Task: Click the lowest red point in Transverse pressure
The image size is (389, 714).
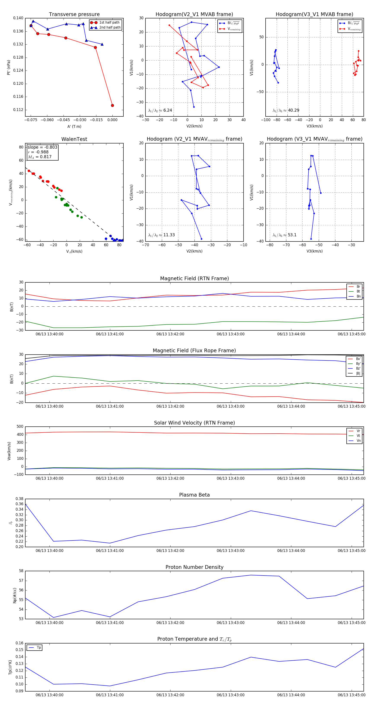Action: [112, 105]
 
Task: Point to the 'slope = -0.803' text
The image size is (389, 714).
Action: [42, 147]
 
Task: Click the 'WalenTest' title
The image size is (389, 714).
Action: [74, 139]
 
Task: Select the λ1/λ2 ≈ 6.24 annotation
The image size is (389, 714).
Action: [160, 110]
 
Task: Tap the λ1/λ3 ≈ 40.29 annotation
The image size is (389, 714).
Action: [286, 110]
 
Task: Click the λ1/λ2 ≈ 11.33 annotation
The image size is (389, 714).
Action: [161, 235]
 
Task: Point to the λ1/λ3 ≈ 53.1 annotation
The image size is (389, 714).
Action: [284, 235]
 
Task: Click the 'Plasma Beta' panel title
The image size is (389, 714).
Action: [194, 495]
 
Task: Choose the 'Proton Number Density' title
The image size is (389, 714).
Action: [194, 567]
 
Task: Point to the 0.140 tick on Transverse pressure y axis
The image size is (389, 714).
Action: [18, 18]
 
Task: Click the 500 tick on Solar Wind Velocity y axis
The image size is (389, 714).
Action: [20, 427]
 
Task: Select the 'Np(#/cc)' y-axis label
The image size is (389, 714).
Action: [15, 595]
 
